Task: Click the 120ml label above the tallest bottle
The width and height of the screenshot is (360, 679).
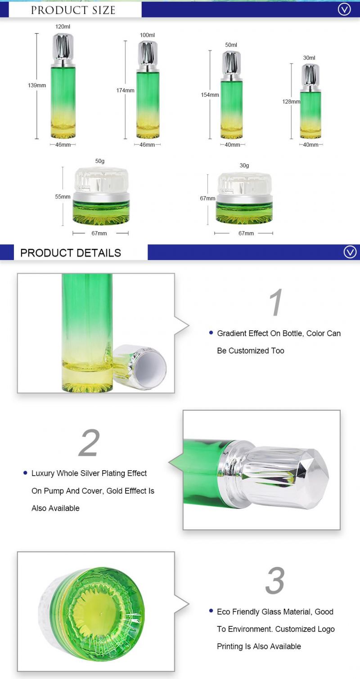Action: pyautogui.click(x=63, y=27)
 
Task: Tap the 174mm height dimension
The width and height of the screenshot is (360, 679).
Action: pyautogui.click(x=125, y=90)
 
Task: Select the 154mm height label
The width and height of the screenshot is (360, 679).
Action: pyautogui.click(x=210, y=95)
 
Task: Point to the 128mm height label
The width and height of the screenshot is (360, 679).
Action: pyautogui.click(x=291, y=102)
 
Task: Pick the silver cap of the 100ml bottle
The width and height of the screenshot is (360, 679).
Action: pyautogui.click(x=148, y=54)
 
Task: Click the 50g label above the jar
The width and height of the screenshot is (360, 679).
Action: pyautogui.click(x=100, y=161)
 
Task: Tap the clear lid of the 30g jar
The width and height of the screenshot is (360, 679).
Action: pyautogui.click(x=244, y=184)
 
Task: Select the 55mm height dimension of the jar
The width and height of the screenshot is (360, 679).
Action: pyautogui.click(x=63, y=197)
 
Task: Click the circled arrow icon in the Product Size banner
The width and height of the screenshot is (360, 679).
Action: pyautogui.click(x=344, y=9)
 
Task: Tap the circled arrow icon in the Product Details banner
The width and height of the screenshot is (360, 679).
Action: pyautogui.click(x=350, y=252)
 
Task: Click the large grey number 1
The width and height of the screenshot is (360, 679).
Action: pyautogui.click(x=276, y=302)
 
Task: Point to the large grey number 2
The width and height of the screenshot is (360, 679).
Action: pyautogui.click(x=89, y=443)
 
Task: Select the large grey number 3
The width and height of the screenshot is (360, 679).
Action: pyautogui.click(x=275, y=580)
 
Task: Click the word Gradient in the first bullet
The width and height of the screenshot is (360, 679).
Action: pyautogui.click(x=232, y=333)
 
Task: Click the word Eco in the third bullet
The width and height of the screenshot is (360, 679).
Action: pyautogui.click(x=223, y=612)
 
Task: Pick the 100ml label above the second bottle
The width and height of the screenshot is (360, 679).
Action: pyautogui.click(x=147, y=35)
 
